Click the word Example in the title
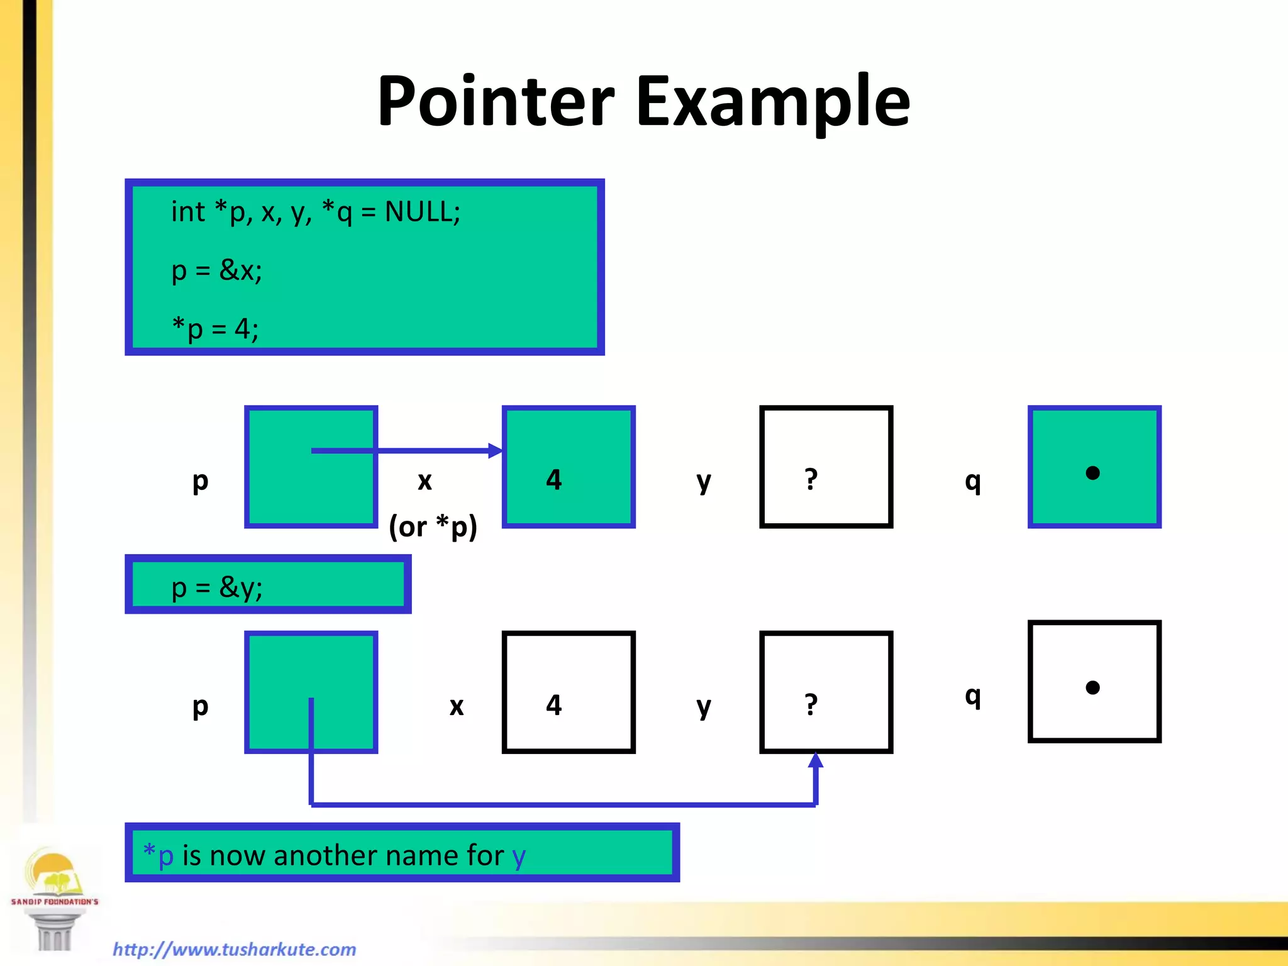click(773, 102)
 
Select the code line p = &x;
click(216, 271)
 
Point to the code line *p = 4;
click(215, 329)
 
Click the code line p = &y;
click(216, 587)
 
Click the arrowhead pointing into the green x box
click(496, 450)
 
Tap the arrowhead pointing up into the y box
click(816, 760)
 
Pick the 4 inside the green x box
click(553, 480)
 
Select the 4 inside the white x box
click(553, 705)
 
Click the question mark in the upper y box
click(811, 480)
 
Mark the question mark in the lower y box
click(811, 705)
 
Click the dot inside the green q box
click(1093, 473)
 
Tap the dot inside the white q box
click(1093, 687)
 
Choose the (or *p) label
click(433, 526)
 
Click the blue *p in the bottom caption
click(158, 855)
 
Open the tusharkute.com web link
click(235, 949)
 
